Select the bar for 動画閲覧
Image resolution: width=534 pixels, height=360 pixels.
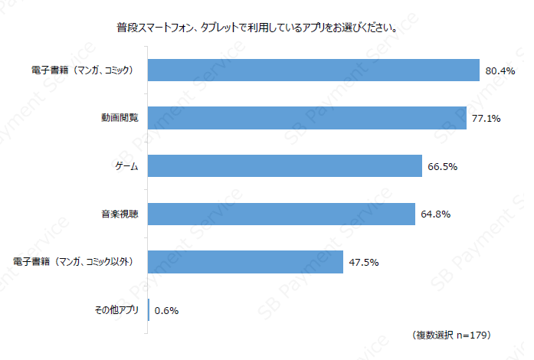point(306,118)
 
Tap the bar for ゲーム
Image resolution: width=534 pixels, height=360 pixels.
point(284,166)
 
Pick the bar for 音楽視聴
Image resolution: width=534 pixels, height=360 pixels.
point(281,214)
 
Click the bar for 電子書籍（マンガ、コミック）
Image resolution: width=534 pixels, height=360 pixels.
point(313,70)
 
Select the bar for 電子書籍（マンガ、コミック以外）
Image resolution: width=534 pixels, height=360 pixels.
point(245,262)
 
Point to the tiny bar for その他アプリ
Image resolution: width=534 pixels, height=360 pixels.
point(149,310)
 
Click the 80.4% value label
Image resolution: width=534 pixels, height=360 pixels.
point(500,70)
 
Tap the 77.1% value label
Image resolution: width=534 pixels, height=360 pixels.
point(486,119)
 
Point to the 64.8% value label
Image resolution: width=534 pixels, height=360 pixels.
point(435,214)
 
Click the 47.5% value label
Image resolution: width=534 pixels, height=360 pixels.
point(364,263)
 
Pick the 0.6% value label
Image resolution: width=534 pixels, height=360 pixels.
point(166,311)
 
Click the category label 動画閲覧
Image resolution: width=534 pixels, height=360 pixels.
point(120,118)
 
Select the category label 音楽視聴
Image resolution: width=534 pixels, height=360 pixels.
point(120,214)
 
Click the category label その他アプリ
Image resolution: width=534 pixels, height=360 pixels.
point(116,310)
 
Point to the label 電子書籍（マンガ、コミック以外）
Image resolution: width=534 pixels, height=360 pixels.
point(74,262)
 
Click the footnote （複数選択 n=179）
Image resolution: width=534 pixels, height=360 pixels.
point(451,336)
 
